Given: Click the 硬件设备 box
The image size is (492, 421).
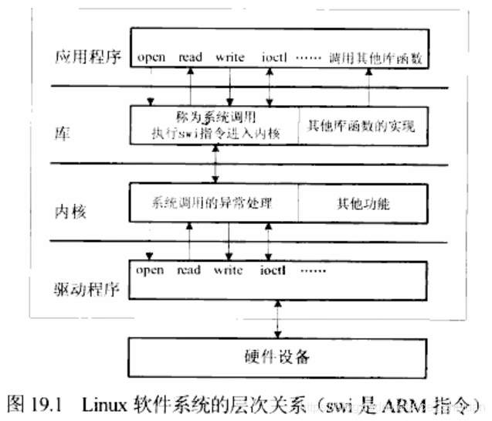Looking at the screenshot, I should tap(273, 358).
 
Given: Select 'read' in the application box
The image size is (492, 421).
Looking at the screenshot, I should tap(189, 57).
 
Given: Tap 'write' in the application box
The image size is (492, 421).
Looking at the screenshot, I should tap(229, 57).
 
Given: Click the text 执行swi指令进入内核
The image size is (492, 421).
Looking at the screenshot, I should tap(215, 133).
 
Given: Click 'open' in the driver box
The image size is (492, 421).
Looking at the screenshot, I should tap(149, 270).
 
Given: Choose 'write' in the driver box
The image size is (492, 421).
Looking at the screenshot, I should tap(229, 270).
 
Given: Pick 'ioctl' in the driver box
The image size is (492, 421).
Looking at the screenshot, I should tap(273, 270).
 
